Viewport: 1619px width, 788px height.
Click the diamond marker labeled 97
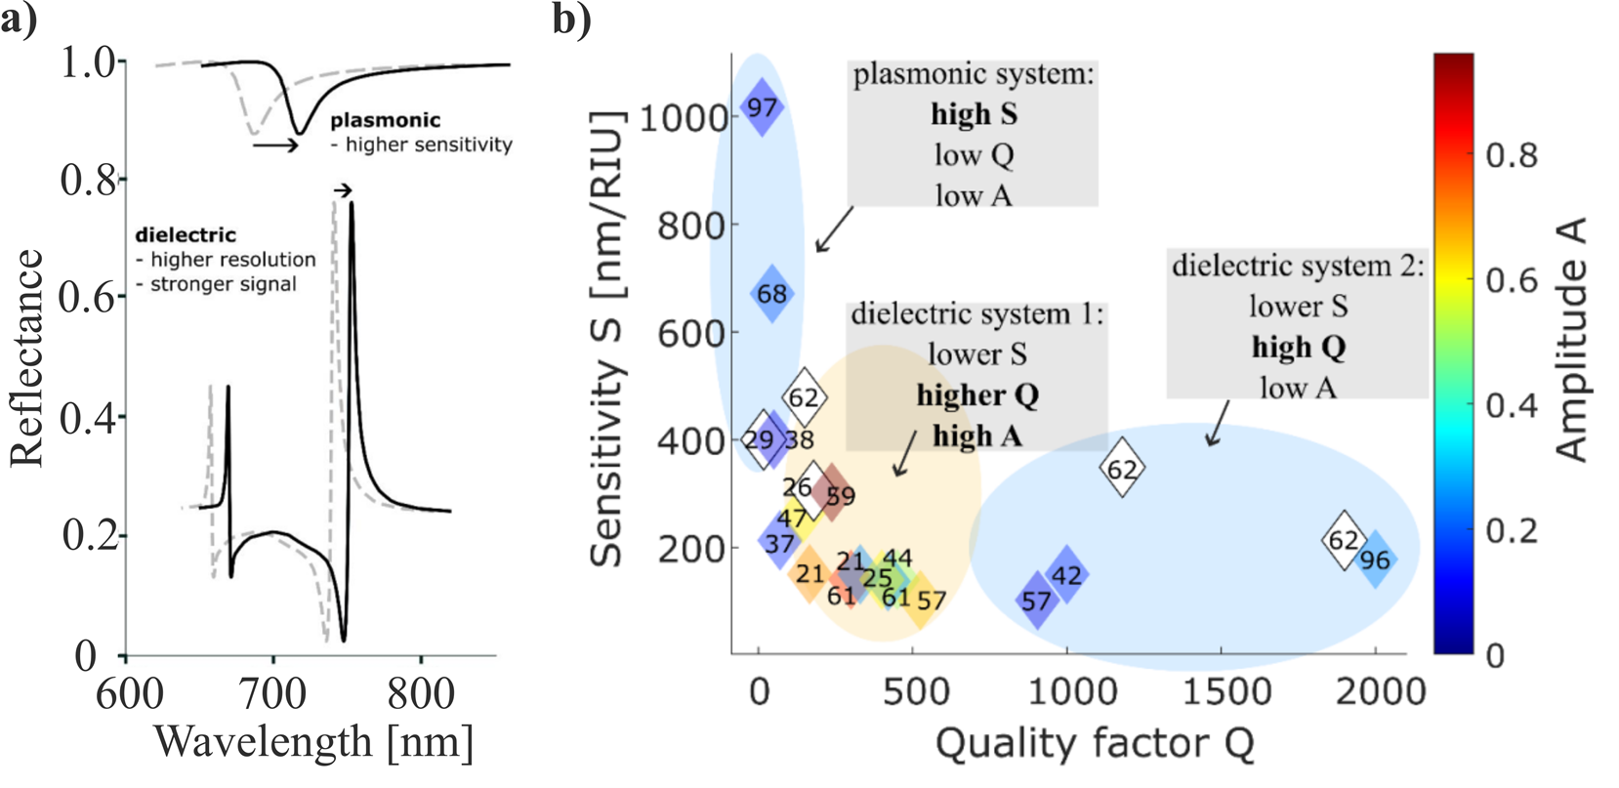[762, 106]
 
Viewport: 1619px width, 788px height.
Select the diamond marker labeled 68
[771, 293]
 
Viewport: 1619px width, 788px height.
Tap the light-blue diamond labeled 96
[1375, 560]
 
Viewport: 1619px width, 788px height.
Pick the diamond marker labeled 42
[1067, 575]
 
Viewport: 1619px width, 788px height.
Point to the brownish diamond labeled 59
[832, 494]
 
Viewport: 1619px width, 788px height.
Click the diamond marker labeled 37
[779, 542]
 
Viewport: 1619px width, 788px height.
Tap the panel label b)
[571, 20]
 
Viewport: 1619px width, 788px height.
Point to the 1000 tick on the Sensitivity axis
[684, 118]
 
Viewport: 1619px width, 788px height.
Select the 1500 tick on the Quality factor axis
[1226, 691]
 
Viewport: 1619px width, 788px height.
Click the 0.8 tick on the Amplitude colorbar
[1512, 154]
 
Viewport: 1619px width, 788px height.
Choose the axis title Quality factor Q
[1095, 744]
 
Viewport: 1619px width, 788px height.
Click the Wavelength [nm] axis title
[313, 742]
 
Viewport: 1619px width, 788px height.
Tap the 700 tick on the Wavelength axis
[274, 693]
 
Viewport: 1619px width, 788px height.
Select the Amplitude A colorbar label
[1571, 339]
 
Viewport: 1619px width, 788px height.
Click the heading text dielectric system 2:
[1297, 266]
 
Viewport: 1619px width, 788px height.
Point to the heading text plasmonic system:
[973, 74]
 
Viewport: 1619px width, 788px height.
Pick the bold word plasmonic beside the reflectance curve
[385, 120]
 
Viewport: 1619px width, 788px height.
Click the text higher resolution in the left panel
[232, 260]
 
